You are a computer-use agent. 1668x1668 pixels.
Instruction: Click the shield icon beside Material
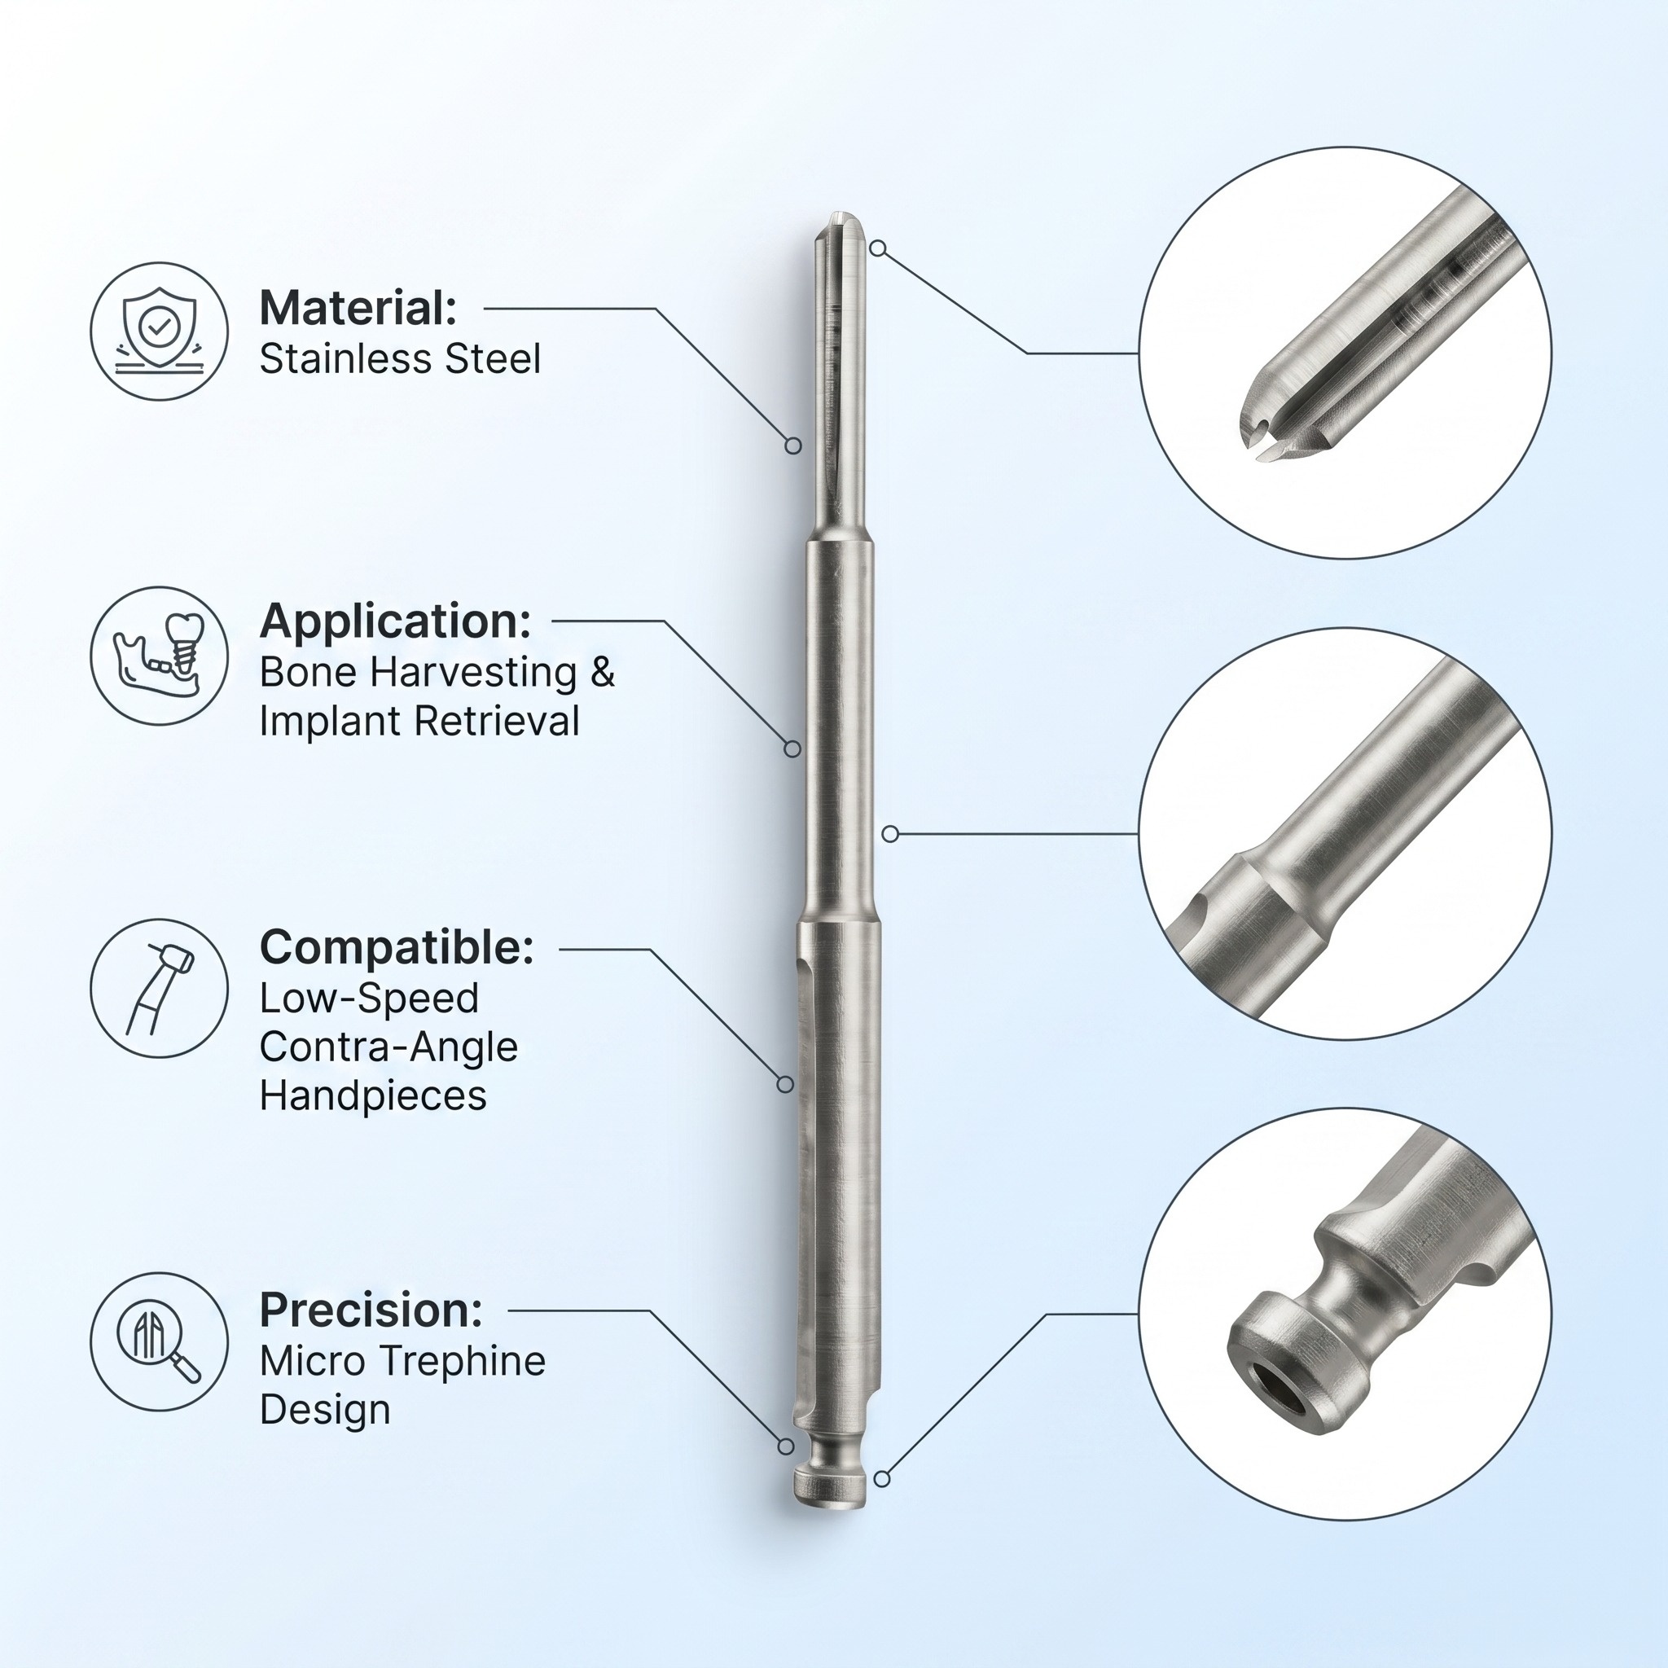159,331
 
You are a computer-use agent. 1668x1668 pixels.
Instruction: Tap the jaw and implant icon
159,656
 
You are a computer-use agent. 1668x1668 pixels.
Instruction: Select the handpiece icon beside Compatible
159,988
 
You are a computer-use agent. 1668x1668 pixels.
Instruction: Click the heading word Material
358,308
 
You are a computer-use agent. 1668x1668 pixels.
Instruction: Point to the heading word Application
394,621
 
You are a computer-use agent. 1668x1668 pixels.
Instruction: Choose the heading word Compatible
397,947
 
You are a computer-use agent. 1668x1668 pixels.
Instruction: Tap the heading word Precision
371,1310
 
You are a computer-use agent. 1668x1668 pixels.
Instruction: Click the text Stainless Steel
400,359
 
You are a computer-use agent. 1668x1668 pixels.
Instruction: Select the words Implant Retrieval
419,721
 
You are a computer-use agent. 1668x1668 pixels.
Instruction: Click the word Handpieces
373,1095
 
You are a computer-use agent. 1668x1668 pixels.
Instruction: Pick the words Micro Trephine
402,1361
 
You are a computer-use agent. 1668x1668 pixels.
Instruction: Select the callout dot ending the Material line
792,446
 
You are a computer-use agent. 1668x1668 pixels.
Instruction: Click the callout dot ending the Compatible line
785,1083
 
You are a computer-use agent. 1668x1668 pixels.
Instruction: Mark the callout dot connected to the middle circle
890,833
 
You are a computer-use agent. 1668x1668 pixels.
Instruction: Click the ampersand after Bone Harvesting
603,672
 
